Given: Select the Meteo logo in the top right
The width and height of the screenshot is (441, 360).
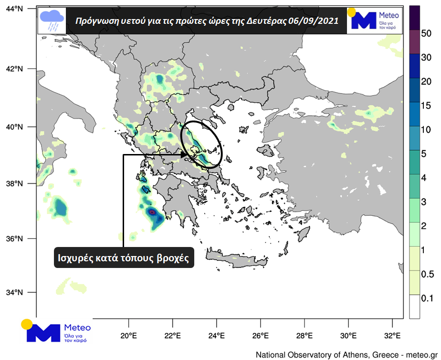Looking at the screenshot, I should pos(374,20).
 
